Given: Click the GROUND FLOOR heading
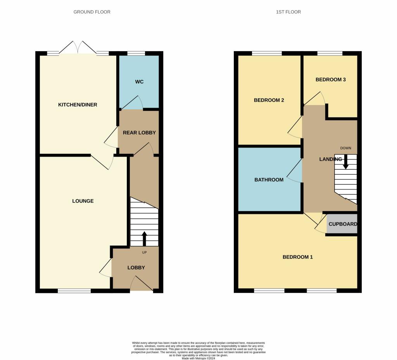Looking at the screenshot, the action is (x=92, y=12).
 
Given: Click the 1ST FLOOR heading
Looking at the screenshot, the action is (x=288, y=12).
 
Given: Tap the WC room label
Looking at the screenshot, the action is (x=139, y=82).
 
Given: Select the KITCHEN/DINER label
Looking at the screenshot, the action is (x=78, y=105).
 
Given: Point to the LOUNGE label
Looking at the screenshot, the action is (x=83, y=201).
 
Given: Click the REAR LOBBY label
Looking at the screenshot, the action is (x=139, y=133).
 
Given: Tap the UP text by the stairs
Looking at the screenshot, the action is (x=144, y=252).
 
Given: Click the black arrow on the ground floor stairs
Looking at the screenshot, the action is (x=144, y=239).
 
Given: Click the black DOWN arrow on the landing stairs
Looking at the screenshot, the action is (x=345, y=162).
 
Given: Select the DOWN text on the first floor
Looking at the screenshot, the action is (x=345, y=148).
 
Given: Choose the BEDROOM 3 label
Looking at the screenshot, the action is (x=330, y=80).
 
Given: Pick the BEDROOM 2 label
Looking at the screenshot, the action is (x=269, y=100).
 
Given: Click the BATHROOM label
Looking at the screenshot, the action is (x=269, y=180).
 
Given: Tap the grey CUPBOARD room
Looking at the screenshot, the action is (x=342, y=224).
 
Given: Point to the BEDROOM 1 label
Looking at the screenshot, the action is (x=297, y=257).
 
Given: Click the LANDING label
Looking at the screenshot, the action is (x=330, y=159).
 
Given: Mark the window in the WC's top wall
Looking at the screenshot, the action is (x=136, y=53).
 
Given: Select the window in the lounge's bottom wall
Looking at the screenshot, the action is (x=74, y=291).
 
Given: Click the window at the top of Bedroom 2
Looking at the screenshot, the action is (x=267, y=53).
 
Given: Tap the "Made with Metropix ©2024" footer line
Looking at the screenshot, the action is (x=198, y=358).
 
